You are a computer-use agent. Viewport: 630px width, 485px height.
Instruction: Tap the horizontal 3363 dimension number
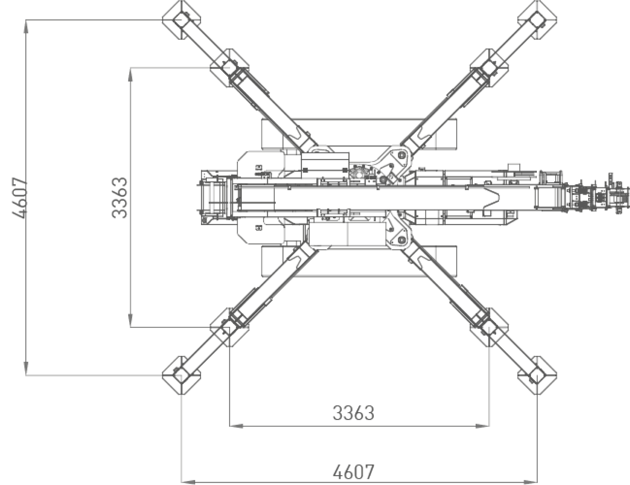coord(353,413)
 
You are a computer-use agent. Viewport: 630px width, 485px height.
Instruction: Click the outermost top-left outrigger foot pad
coord(181,20)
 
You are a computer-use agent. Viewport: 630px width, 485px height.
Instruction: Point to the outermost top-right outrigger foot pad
coord(537,20)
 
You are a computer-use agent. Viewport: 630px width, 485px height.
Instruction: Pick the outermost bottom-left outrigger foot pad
coord(181,375)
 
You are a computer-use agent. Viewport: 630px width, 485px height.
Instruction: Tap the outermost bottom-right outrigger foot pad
coord(537,375)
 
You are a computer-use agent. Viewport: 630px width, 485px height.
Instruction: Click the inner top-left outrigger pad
coord(229,68)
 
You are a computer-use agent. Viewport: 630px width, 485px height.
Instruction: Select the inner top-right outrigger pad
coord(489,68)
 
